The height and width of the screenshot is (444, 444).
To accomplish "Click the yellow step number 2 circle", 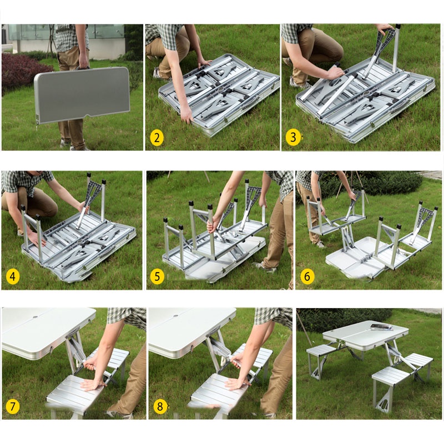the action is [157, 138].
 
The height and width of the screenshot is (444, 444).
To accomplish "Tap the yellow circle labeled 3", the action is [293, 137].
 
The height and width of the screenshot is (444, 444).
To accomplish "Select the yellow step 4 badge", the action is [12, 276].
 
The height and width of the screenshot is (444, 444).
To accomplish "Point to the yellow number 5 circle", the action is [157, 276].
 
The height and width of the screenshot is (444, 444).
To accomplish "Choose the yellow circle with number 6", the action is [307, 275].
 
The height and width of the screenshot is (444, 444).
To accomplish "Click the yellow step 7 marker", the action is [12, 406].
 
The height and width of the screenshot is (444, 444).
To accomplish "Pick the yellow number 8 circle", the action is [160, 406].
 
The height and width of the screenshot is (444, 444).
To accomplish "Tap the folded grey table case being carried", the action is [82, 95].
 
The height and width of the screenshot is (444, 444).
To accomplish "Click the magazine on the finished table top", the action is [382, 327].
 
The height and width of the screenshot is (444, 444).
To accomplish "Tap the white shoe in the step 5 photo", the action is [264, 267].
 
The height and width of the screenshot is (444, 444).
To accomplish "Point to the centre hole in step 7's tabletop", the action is [36, 317].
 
